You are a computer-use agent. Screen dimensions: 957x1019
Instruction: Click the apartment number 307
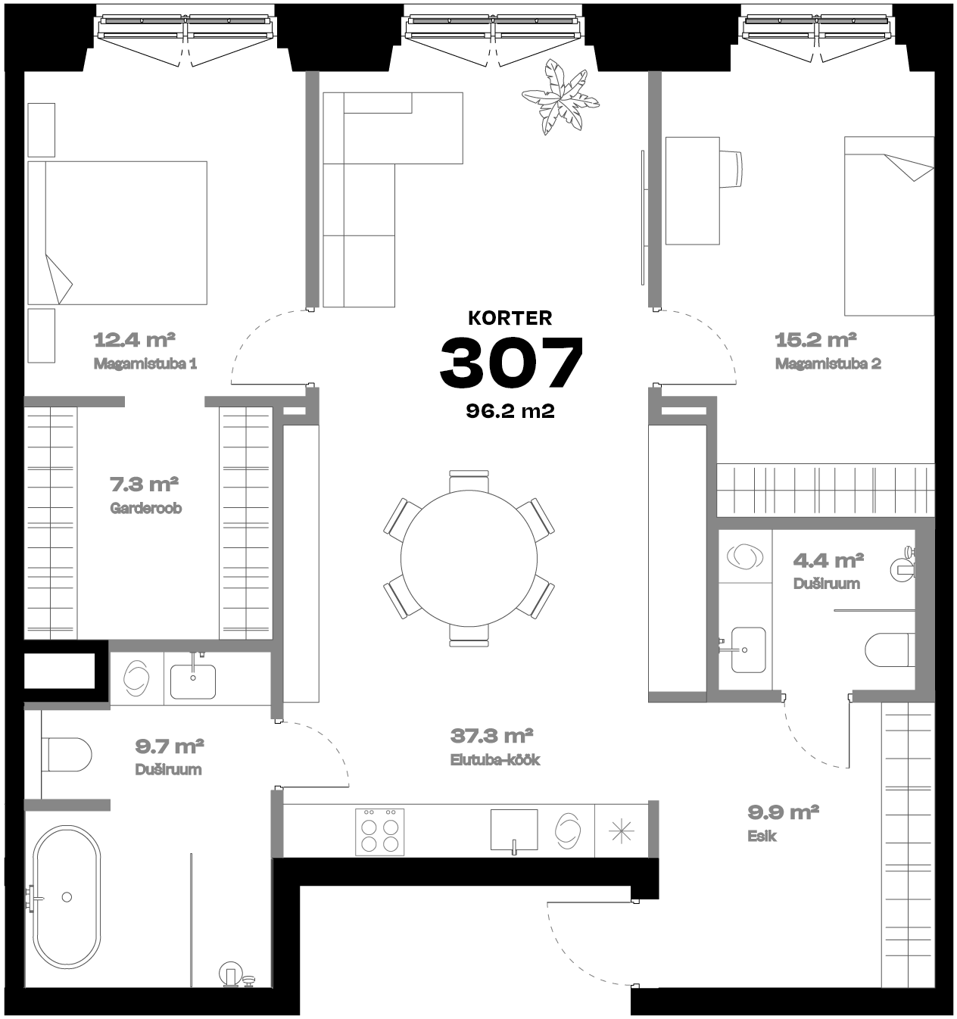511,362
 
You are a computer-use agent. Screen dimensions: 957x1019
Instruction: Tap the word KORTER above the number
510,318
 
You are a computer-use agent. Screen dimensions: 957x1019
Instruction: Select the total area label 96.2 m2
510,411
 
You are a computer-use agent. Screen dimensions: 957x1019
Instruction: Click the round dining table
469,558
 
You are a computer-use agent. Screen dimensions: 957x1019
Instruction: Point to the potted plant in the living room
560,97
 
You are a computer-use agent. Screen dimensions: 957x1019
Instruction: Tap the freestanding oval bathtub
67,897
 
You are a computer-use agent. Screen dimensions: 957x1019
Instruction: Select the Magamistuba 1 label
145,364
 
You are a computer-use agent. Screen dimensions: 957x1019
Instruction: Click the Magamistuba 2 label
828,364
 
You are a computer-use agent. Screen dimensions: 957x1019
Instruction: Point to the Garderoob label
145,508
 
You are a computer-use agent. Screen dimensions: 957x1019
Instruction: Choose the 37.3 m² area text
491,737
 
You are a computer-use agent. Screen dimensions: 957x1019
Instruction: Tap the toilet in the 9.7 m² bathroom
66,755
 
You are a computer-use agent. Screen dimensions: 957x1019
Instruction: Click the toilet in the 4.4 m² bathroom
890,650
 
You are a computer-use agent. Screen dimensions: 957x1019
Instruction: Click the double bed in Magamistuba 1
117,233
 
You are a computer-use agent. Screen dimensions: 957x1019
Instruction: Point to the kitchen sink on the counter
514,831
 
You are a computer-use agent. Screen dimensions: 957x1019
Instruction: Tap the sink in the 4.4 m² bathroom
747,650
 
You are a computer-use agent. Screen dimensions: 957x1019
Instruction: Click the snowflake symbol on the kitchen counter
621,832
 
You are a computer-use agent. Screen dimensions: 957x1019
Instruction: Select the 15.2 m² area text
815,340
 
